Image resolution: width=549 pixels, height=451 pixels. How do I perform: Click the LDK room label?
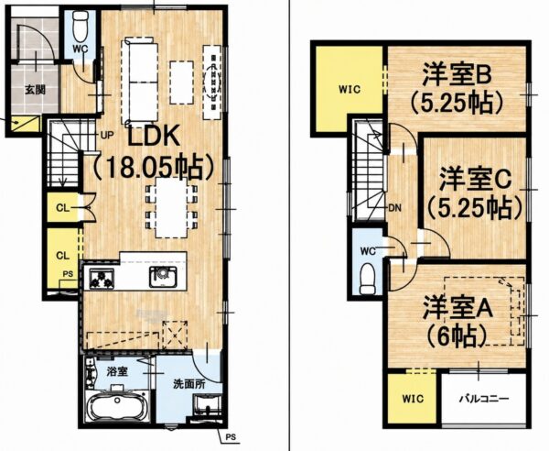click(154, 136)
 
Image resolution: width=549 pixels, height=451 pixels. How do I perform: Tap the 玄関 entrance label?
click(35, 90)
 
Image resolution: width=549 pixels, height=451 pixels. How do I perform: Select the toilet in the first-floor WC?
click(81, 26)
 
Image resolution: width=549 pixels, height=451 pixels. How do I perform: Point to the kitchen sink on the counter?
click(163, 277)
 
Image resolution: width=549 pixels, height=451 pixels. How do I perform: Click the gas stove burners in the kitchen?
click(102, 279)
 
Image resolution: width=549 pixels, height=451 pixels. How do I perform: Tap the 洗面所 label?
click(189, 384)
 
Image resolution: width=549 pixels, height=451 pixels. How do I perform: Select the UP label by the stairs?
click(107, 135)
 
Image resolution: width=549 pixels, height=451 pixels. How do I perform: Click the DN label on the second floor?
click(395, 208)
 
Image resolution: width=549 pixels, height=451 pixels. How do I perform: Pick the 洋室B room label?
click(457, 74)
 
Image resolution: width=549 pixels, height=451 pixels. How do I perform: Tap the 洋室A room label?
click(457, 307)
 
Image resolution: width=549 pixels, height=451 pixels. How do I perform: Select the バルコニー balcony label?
click(484, 399)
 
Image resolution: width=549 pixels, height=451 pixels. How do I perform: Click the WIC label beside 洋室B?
click(350, 90)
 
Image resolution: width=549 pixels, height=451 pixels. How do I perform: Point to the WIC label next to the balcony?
click(413, 399)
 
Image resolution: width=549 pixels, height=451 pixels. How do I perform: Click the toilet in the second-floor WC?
click(368, 280)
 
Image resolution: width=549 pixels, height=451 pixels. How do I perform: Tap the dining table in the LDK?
click(172, 207)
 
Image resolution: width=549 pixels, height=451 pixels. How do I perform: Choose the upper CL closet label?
click(62, 208)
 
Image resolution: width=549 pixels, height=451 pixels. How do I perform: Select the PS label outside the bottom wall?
click(231, 437)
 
